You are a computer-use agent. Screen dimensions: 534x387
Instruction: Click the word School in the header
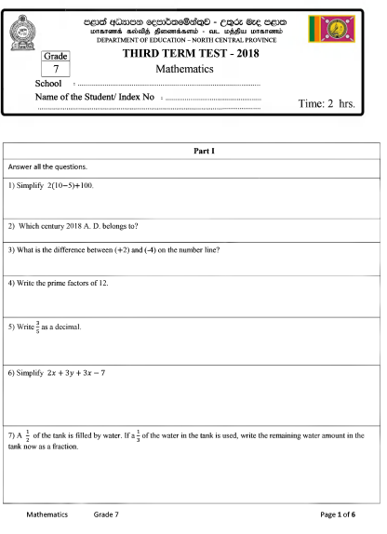(x=47, y=84)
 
